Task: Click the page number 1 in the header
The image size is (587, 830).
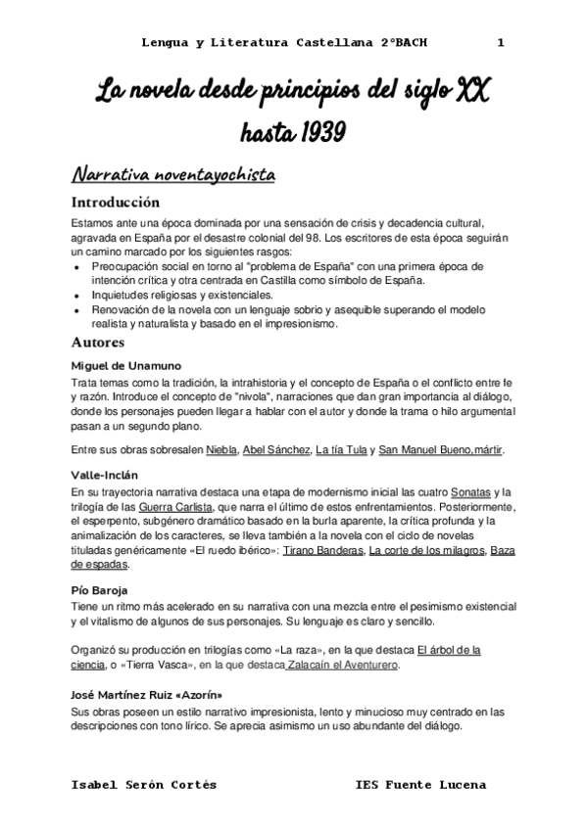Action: pyautogui.click(x=501, y=43)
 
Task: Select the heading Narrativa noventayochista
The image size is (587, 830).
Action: pyautogui.click(x=173, y=175)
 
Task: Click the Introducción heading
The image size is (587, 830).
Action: pyautogui.click(x=115, y=204)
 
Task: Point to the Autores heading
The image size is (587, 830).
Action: pyautogui.click(x=98, y=344)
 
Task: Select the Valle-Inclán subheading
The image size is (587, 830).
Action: pyautogui.click(x=104, y=475)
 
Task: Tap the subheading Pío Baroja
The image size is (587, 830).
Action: pyautogui.click(x=98, y=591)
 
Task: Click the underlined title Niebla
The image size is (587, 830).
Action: pyautogui.click(x=221, y=450)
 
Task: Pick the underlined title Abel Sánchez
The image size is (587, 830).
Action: pyautogui.click(x=273, y=450)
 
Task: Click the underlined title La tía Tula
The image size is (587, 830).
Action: pyautogui.click(x=343, y=450)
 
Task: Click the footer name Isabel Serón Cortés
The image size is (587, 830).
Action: pyautogui.click(x=145, y=785)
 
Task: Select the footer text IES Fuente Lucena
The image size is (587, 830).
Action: pyautogui.click(x=420, y=785)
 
